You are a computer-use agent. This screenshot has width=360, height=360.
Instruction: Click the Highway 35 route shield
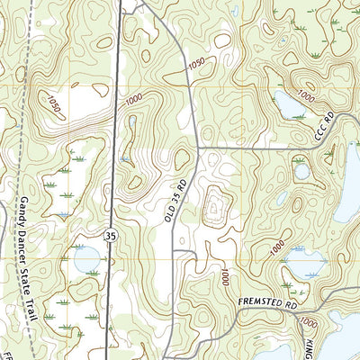110,236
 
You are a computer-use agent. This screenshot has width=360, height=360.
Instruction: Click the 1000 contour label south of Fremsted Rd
309,322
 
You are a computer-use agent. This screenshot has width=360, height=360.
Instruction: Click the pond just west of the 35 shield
87,260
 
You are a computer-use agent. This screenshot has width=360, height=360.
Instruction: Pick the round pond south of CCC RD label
301,170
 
